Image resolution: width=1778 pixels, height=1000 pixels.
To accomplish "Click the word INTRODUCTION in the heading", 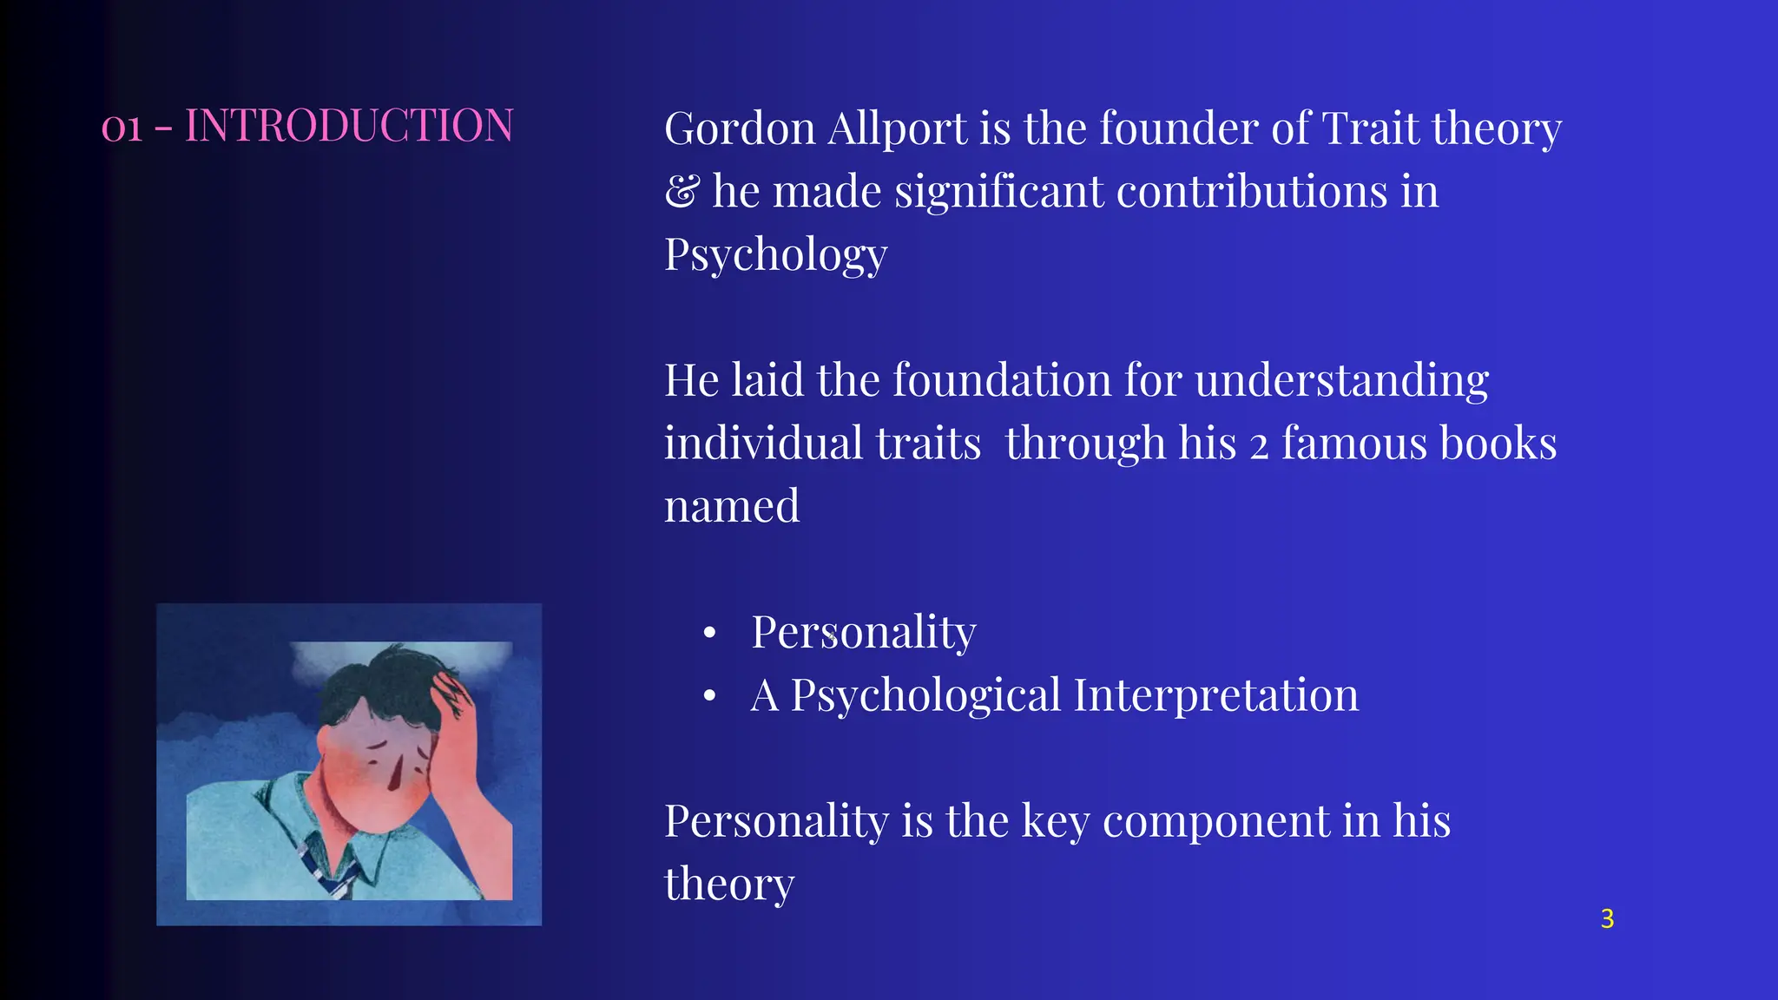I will click(x=349, y=126).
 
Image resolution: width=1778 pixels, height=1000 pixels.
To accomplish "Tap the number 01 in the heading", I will click(x=122, y=128).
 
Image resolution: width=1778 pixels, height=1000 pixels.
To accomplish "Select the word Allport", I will click(x=897, y=130).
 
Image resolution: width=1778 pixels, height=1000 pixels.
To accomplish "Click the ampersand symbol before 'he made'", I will click(x=682, y=191).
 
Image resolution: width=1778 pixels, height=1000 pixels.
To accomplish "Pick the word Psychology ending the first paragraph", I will click(x=775, y=255).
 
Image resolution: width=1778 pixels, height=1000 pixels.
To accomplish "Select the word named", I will click(x=731, y=506).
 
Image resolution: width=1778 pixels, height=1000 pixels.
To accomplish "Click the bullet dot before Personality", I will click(x=709, y=633).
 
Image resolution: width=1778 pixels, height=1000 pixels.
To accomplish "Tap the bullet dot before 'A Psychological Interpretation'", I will click(x=709, y=696).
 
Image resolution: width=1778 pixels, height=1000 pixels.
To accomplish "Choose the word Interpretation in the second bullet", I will click(x=1215, y=696).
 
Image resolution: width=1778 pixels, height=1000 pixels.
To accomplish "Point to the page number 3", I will click(x=1607, y=918).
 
